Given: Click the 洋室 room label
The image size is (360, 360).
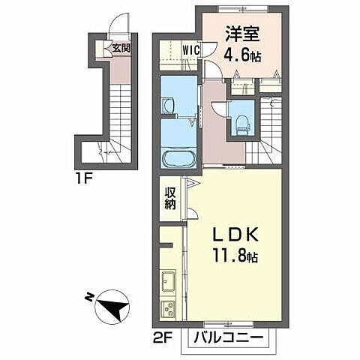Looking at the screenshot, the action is coord(242,34).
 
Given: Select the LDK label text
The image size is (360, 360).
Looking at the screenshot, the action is coord(235,235).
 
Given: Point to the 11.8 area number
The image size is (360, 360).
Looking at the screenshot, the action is coord(229,256).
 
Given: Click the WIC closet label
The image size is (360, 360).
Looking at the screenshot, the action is coord(191,50).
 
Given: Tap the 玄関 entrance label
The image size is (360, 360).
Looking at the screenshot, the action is coord(121,48).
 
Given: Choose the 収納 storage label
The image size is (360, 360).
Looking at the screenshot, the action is coord(170,199).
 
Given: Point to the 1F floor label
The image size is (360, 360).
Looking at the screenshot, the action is coord(84,178).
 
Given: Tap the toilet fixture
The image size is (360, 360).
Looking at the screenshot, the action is coord(242,124).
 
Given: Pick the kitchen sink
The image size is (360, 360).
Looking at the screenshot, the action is coord(169,280).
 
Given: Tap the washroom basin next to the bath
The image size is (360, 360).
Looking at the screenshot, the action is coord(168,105).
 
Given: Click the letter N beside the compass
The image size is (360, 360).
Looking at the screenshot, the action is coord(88,297).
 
